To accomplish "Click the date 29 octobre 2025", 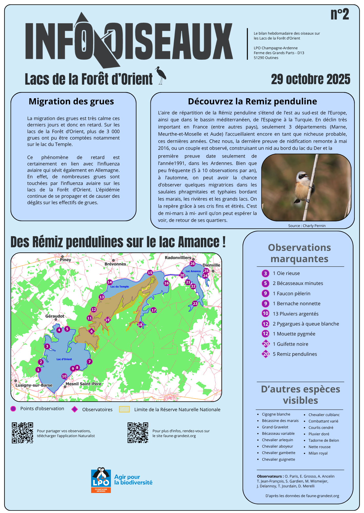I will click(x=310, y=79).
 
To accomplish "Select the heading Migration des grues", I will click(x=71, y=102).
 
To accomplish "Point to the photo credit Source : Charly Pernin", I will click(x=306, y=226).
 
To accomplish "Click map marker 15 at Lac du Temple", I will click(x=150, y=273).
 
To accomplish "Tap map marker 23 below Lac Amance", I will click(x=195, y=303).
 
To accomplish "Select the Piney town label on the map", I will click(x=65, y=260).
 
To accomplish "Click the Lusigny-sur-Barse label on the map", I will click(x=34, y=385).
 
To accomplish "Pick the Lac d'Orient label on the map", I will click(x=64, y=359).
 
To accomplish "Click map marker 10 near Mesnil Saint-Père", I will click(x=64, y=376).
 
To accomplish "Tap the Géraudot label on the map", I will click(x=55, y=316).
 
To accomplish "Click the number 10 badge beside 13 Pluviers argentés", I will click(x=265, y=313).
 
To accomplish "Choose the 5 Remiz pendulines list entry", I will click(x=295, y=354).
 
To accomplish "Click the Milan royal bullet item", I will click(x=318, y=453).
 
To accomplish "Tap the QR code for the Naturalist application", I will click(x=22, y=433).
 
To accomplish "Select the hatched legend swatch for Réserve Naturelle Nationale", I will click(x=124, y=409).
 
